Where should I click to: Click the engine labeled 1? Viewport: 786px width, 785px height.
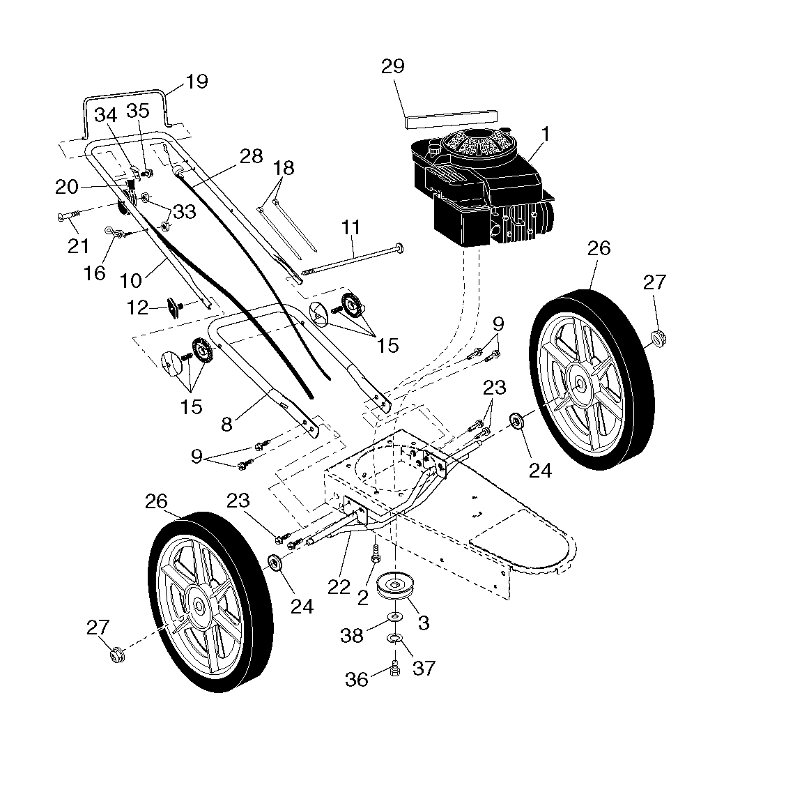(481, 185)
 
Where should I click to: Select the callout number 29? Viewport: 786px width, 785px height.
(393, 66)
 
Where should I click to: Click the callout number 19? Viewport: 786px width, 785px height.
(196, 82)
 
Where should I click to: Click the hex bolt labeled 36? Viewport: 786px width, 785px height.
(395, 669)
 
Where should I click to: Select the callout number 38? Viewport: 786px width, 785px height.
(351, 636)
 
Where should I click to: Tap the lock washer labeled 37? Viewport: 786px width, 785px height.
(396, 638)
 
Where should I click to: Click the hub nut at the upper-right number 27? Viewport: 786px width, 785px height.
(659, 339)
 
